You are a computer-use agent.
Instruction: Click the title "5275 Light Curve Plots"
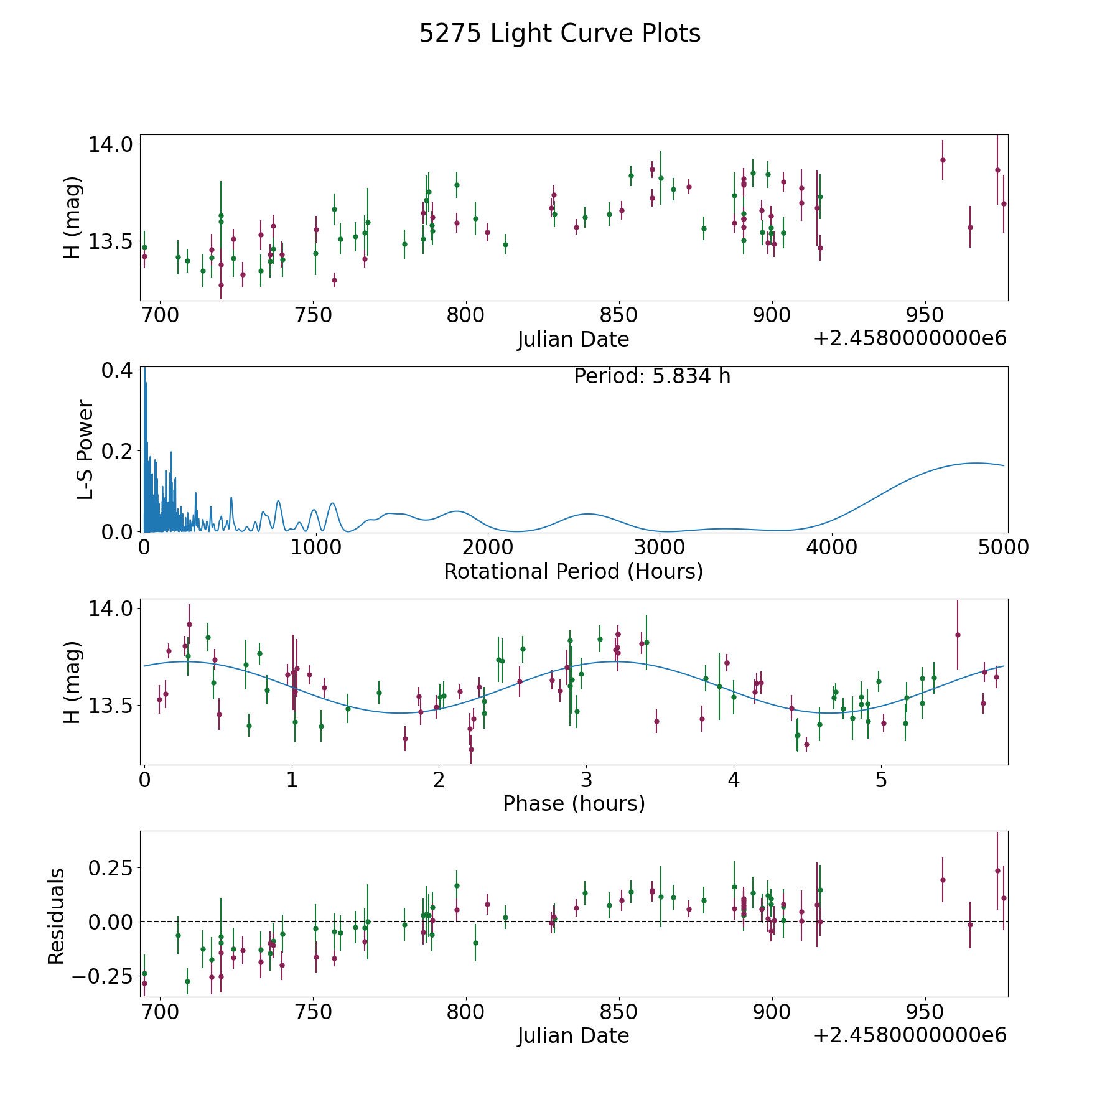pos(560,34)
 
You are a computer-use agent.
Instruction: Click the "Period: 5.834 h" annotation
pos(652,376)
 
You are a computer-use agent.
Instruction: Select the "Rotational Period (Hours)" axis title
pos(574,571)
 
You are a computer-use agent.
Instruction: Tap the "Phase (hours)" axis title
pos(574,803)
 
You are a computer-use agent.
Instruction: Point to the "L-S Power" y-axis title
pos(86,449)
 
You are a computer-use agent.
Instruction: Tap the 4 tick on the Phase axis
pos(734,780)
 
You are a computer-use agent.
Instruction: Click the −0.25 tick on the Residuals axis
pos(103,976)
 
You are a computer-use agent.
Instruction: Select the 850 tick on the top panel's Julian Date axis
pos(619,316)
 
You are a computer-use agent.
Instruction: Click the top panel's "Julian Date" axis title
pos(574,340)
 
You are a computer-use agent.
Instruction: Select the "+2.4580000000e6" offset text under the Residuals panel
pos(910,1035)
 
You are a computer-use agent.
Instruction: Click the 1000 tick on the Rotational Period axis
pos(316,548)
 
